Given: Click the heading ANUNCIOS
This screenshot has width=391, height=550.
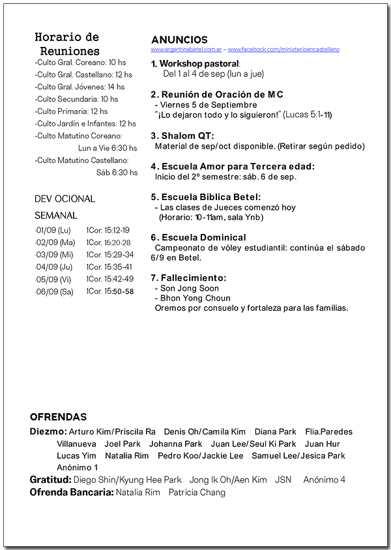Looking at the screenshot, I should (x=179, y=40).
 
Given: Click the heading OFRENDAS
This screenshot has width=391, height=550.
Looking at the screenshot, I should (x=58, y=417).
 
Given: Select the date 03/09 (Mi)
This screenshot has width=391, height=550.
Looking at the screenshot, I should (x=55, y=255).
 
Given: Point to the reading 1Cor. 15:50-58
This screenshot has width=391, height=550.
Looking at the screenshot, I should (x=109, y=291).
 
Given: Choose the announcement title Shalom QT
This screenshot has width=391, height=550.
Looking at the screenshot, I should (x=182, y=136).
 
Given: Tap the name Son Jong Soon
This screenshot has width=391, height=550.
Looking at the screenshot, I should (x=189, y=288).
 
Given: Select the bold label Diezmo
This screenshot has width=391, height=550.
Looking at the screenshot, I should (x=48, y=431).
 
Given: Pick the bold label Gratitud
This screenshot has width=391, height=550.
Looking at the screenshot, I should (x=50, y=480).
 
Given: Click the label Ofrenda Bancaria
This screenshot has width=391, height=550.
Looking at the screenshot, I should (x=72, y=492).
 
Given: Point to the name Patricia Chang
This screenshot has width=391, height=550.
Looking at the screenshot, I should (x=197, y=492).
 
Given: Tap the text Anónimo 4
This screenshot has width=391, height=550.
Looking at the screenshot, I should (x=324, y=480).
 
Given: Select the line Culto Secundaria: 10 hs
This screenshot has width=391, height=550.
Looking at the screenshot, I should (x=77, y=99).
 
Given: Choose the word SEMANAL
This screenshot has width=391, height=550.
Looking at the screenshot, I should (x=56, y=215).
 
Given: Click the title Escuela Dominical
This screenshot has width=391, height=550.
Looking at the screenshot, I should (x=198, y=237).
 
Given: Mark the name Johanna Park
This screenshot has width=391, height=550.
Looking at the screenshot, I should (x=175, y=444).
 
